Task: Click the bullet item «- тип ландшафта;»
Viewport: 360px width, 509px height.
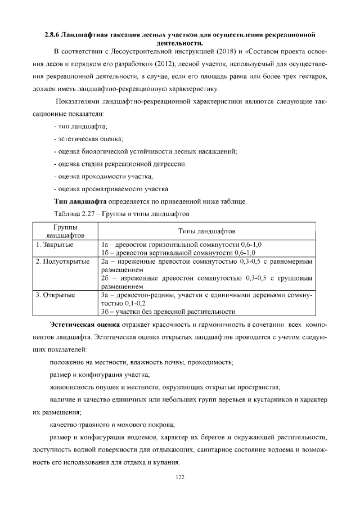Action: (x=80, y=125)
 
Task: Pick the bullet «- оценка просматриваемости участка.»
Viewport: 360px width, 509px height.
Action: (x=111, y=189)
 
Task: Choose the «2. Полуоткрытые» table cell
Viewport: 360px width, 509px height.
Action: (x=62, y=262)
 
